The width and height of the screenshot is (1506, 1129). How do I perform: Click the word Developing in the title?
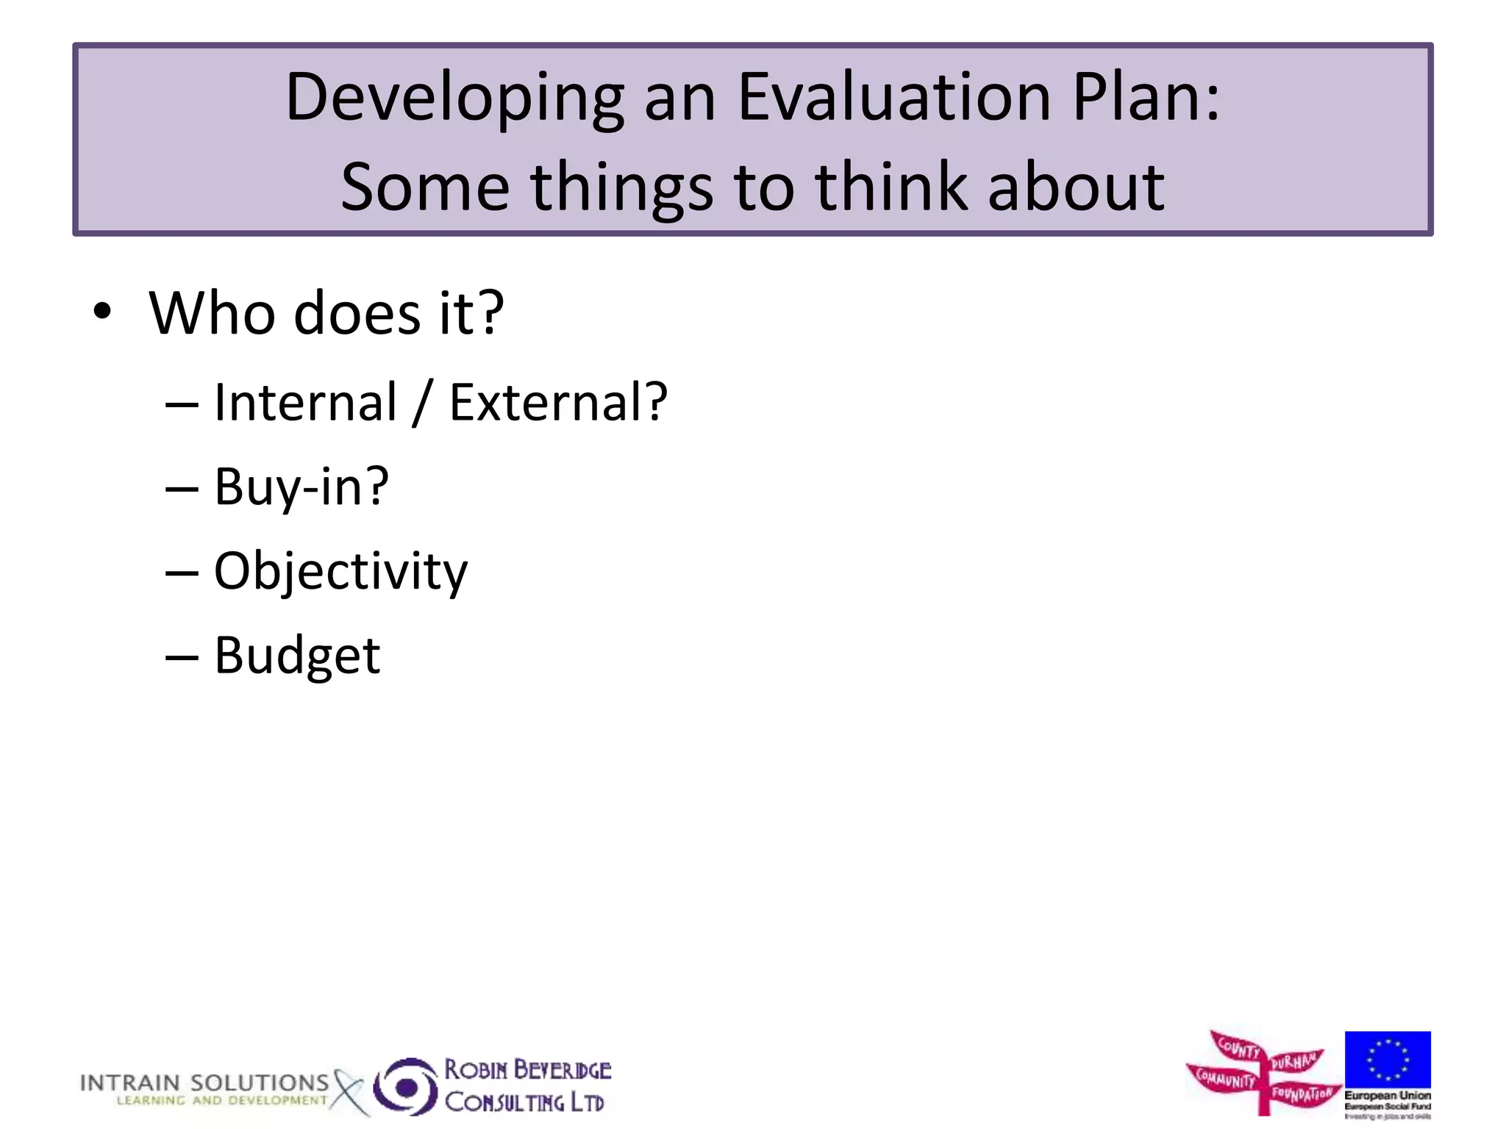[454, 99]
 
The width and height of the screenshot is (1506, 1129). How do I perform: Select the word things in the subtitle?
[621, 189]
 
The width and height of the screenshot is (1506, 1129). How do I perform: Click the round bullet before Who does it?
[102, 312]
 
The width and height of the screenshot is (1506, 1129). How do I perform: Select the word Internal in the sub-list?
[305, 403]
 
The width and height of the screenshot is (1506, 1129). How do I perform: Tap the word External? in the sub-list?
[557, 403]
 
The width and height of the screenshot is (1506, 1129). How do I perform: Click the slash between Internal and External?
[421, 404]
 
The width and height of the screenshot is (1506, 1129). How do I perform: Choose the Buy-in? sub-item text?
[301, 487]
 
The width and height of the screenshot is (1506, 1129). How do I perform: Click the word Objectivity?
[340, 572]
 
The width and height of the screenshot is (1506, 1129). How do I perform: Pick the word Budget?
[297, 656]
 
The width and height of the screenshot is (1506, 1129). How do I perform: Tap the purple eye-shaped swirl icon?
[405, 1086]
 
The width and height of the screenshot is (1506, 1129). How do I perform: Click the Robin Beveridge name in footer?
[527, 1069]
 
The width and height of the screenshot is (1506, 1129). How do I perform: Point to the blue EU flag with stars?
[1387, 1059]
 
